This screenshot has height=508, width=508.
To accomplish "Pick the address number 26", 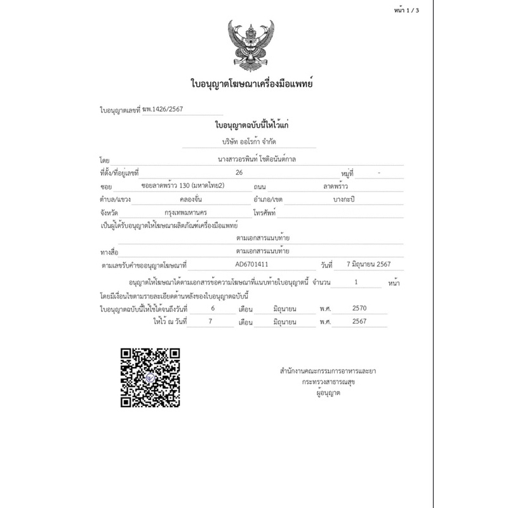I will point(238,173).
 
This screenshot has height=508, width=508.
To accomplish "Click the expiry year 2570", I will point(359,309).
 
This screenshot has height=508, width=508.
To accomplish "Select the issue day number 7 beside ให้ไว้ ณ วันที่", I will point(211,322).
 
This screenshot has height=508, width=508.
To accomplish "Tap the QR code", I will point(150,378).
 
